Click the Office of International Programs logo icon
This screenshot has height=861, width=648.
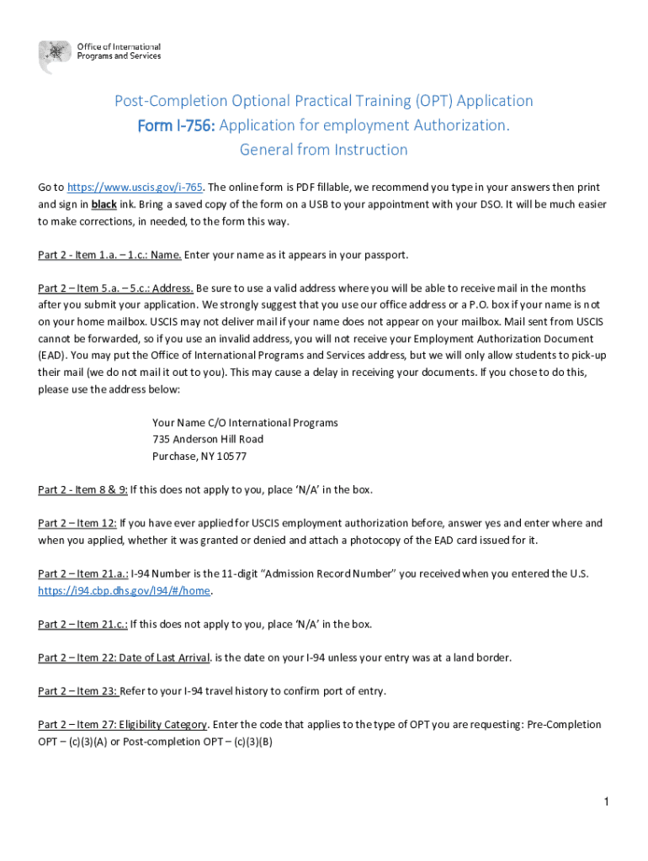[55, 56]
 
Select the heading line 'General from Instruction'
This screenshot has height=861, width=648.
[324, 150]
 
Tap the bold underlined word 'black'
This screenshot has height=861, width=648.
[104, 204]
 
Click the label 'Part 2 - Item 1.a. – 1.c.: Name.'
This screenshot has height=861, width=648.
[109, 255]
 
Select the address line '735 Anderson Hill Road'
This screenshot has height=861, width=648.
[208, 440]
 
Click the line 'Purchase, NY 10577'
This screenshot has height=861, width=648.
[199, 457]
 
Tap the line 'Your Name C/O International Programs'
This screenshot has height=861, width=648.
[245, 423]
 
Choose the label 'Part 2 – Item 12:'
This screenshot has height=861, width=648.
[77, 523]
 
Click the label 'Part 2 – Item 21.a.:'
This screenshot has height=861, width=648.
[82, 573]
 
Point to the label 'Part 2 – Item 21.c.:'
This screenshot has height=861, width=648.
[82, 624]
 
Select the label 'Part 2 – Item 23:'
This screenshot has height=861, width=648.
[77, 691]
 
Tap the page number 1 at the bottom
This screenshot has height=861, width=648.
[606, 803]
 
